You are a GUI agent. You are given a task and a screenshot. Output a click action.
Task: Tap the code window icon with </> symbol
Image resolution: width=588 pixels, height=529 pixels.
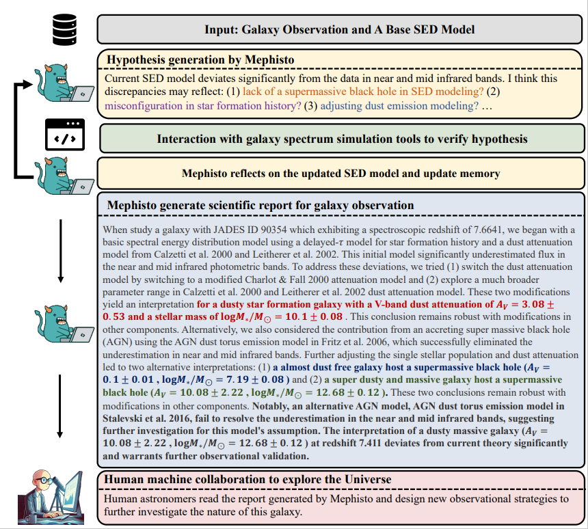(x=64, y=134)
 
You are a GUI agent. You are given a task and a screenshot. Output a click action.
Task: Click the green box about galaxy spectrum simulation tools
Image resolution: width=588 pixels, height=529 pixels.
(x=342, y=139)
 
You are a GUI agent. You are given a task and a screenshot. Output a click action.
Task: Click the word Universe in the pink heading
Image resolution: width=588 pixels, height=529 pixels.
(x=364, y=479)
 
